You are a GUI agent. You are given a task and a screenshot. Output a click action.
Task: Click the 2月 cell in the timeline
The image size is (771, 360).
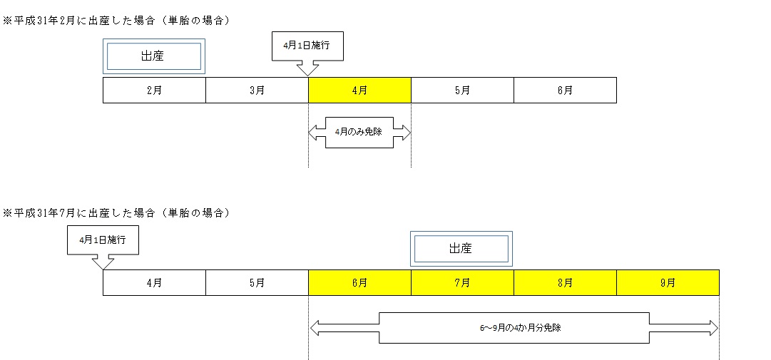(154, 91)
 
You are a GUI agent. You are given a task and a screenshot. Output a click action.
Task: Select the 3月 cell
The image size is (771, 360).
(257, 91)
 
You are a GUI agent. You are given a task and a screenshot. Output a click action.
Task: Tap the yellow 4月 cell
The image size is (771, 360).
(359, 91)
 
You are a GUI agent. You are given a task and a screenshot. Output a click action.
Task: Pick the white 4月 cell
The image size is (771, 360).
(154, 282)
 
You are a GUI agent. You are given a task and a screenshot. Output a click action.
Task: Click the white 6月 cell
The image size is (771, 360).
(565, 91)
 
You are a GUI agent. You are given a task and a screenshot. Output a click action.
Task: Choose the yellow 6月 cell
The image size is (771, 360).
(359, 282)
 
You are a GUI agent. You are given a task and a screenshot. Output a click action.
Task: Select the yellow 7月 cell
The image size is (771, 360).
(462, 282)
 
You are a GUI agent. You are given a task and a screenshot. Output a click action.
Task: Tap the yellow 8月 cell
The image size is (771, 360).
(565, 282)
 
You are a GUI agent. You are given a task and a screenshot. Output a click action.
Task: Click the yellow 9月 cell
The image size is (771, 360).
(668, 282)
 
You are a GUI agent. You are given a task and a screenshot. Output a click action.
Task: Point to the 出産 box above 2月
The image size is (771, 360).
(153, 56)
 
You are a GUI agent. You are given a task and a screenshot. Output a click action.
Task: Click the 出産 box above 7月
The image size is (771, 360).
(461, 249)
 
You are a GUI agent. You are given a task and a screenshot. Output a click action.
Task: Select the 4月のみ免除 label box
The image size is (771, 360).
(359, 133)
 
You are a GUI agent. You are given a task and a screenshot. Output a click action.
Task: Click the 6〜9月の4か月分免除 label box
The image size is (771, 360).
(514, 328)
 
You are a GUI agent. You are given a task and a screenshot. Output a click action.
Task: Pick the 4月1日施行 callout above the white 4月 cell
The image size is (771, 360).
(103, 240)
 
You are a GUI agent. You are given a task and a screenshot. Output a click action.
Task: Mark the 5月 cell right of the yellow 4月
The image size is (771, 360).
(462, 91)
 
